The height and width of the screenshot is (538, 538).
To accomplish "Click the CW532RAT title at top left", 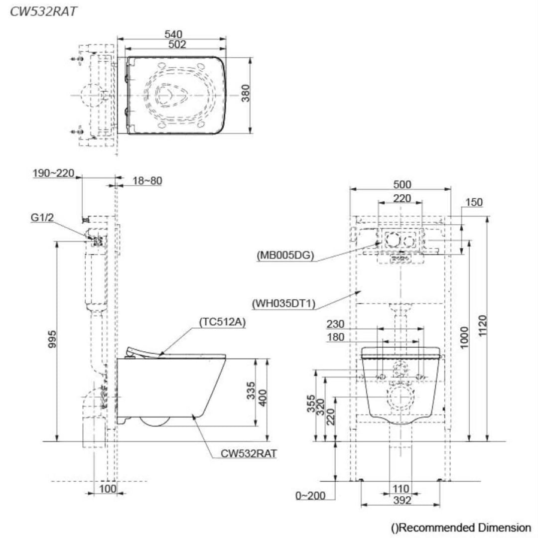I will click(43, 12).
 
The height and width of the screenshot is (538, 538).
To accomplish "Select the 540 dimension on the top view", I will click(174, 34).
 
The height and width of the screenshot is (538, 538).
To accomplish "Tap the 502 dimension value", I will click(177, 44).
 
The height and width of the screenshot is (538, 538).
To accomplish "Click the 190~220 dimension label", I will click(53, 173).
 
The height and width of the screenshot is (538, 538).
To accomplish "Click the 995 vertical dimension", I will click(52, 340).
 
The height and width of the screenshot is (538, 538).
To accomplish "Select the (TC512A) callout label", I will click(223, 322).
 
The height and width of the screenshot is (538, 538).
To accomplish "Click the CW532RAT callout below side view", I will click(250, 454).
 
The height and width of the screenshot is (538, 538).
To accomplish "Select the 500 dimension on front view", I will click(402, 184).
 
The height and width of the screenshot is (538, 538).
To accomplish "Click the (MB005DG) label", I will click(285, 256).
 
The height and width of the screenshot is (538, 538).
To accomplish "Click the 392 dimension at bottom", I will click(401, 501).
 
